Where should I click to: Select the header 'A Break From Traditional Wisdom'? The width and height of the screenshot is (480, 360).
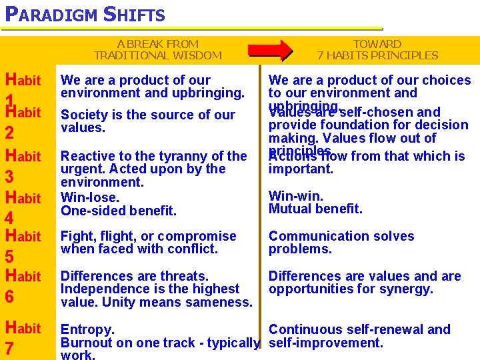click(x=158, y=50)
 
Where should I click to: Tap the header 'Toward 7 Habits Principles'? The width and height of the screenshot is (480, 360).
click(x=377, y=50)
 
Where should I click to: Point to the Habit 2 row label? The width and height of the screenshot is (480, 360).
click(x=23, y=121)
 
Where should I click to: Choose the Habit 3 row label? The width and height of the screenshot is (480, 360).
click(x=23, y=165)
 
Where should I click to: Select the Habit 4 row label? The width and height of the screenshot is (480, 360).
click(x=23, y=207)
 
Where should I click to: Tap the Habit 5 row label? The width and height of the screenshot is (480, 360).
click(x=23, y=245)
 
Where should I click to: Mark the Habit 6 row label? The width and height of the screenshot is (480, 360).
click(x=23, y=285)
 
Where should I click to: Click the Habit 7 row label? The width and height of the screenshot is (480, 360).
click(x=23, y=337)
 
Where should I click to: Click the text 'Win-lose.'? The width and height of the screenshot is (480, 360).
click(x=90, y=197)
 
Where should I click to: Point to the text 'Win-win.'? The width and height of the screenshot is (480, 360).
click(x=296, y=196)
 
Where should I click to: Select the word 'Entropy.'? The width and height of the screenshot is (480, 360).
click(x=87, y=329)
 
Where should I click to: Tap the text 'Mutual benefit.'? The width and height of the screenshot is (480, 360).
click(x=315, y=209)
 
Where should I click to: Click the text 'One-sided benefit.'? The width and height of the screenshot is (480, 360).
click(x=119, y=211)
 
